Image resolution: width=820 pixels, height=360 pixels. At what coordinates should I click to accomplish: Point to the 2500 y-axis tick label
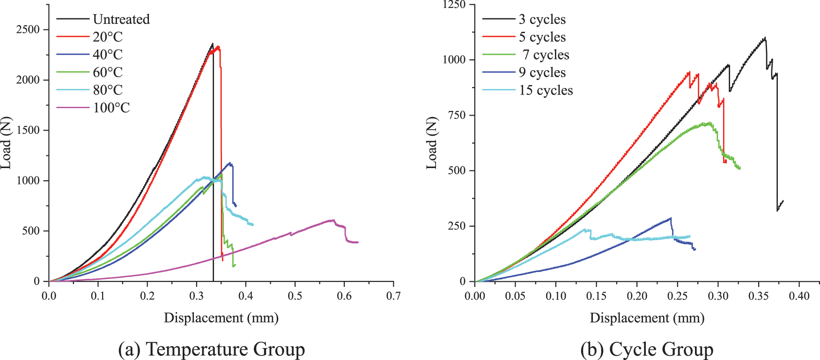(28, 29)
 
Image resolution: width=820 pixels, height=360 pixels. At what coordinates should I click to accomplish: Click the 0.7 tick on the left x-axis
(393, 296)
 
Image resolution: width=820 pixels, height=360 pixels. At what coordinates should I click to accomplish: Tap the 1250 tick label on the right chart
(454, 5)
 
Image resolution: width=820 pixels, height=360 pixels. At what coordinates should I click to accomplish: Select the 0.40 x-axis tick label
(799, 296)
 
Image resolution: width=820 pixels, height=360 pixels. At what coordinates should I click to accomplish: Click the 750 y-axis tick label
(457, 115)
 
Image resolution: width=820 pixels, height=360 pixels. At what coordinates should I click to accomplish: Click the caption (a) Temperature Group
(212, 349)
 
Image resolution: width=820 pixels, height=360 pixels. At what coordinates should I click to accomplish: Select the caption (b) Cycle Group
(647, 349)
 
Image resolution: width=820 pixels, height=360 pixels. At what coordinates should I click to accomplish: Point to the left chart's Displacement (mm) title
(221, 318)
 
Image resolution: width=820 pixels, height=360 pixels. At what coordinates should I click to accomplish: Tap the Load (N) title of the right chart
(431, 143)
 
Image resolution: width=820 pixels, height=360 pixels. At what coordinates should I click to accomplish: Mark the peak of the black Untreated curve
(213, 44)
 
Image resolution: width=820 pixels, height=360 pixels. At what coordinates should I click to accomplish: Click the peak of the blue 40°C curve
(229, 163)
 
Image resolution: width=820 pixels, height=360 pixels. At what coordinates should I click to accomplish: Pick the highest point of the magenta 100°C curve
(333, 220)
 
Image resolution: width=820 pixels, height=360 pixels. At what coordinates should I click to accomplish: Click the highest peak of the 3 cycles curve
(765, 37)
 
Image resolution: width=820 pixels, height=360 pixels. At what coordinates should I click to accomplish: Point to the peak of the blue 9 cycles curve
(671, 218)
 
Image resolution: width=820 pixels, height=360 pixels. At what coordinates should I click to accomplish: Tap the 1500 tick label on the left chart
(28, 130)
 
